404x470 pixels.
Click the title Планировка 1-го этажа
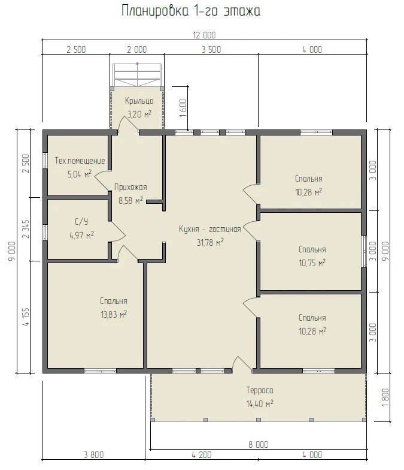pos(191,11)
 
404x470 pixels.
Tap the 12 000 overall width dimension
pos(204,35)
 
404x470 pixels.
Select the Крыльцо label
pos(139,101)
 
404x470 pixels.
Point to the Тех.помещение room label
pos(80,161)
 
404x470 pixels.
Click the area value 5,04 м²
pos(79,174)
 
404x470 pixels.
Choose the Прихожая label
pos(130,187)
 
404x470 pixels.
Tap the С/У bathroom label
pos(81,222)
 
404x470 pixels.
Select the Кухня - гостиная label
pos(209,229)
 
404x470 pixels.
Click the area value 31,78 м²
pos(210,242)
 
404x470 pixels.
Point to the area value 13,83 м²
pos(114,314)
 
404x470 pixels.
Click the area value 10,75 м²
pos(312,263)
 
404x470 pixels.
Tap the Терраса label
pos(260,390)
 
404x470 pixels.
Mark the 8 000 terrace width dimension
pos(259,445)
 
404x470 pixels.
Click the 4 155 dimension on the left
pos(26,317)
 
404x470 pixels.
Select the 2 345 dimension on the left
pos(26,229)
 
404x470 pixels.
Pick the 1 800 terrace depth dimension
pos(385,397)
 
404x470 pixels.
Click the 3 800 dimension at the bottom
pos(93,454)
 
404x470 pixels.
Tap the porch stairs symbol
pos(138,75)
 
